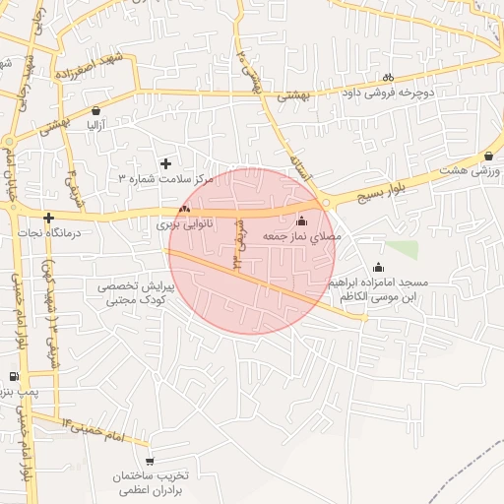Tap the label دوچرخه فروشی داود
point(388,94)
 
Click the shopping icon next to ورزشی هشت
point(489,156)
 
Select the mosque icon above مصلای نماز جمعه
point(301,220)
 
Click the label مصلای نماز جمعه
point(301,237)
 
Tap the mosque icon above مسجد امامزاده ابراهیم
point(378,267)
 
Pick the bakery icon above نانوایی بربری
point(184,209)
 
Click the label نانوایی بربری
point(184,225)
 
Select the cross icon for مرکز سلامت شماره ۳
point(165,162)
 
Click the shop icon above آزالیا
point(94,110)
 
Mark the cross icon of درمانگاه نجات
point(48,217)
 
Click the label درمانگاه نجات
point(48,233)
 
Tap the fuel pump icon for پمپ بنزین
point(13,377)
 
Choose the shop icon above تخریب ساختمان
point(150,461)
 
